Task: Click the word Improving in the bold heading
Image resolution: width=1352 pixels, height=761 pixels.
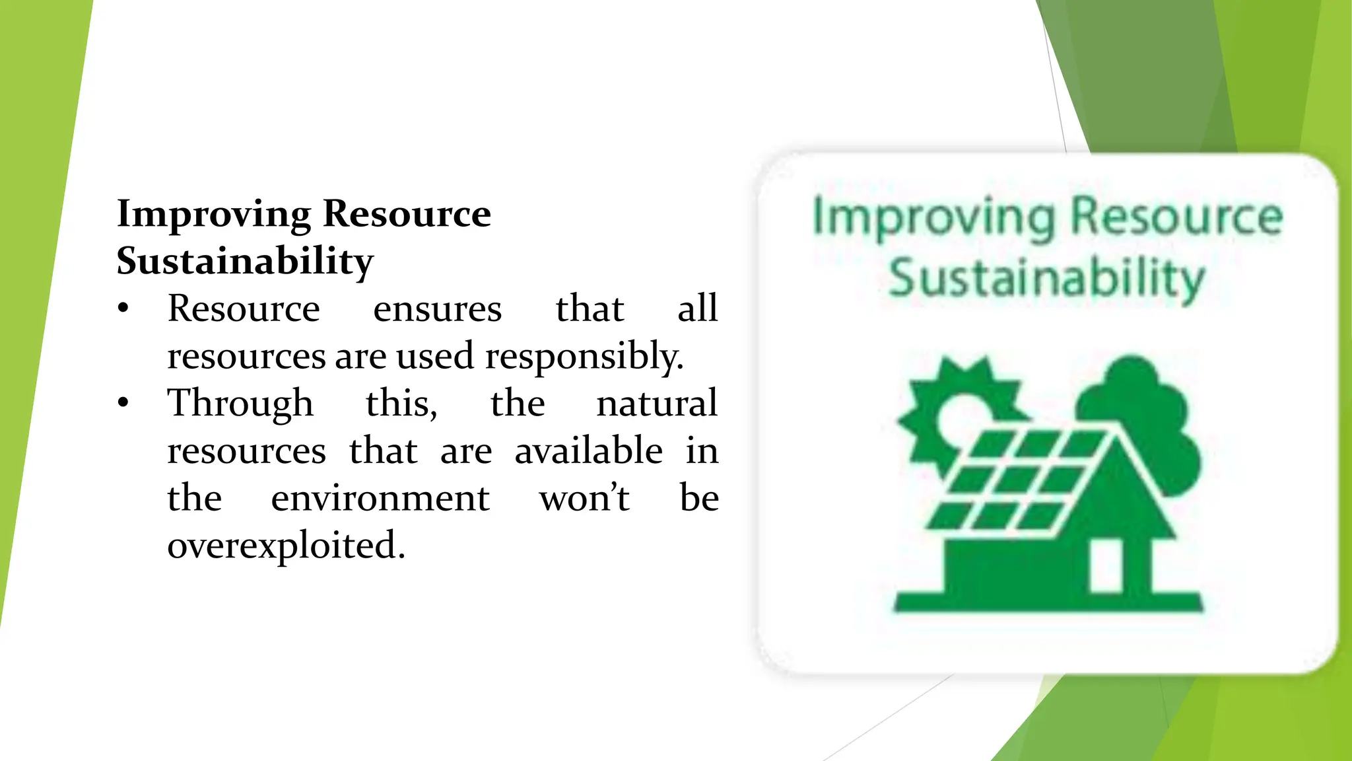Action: coord(213,215)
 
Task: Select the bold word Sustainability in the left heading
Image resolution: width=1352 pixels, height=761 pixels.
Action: coord(245,262)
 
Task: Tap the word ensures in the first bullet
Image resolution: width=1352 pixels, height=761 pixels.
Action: coord(437,309)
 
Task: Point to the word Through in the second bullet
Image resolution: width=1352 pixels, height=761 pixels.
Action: coord(240,404)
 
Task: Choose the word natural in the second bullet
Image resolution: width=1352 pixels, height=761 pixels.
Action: coord(656,404)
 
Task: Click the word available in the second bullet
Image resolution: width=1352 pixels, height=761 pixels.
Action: coord(588,451)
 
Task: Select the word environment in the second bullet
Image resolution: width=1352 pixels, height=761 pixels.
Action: coord(380,498)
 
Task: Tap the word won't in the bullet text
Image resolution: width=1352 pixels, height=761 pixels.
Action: coord(584,498)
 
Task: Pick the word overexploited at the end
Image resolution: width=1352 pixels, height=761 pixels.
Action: coord(286,546)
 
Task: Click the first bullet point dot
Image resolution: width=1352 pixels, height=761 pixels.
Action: coord(123,309)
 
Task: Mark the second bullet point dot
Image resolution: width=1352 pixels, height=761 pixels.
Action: coord(123,404)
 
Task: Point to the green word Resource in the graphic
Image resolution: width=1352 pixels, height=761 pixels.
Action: coord(1176,217)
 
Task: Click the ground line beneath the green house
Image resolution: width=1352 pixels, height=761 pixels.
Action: coord(1048,602)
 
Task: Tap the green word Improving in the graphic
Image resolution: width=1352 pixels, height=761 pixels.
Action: coord(933,218)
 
